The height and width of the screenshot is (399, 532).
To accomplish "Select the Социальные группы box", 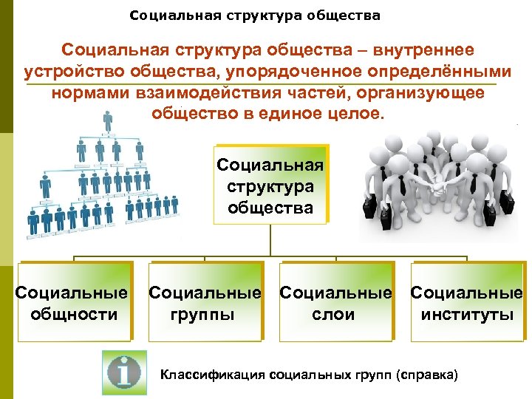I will pos(205,303).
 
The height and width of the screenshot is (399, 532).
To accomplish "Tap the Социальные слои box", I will pos(335,303).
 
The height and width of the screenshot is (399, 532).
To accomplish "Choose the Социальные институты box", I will pos(467,303).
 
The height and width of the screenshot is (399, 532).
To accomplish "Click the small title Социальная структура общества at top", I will pos(255,15).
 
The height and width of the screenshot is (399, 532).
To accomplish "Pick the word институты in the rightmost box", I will pos(467,314).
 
